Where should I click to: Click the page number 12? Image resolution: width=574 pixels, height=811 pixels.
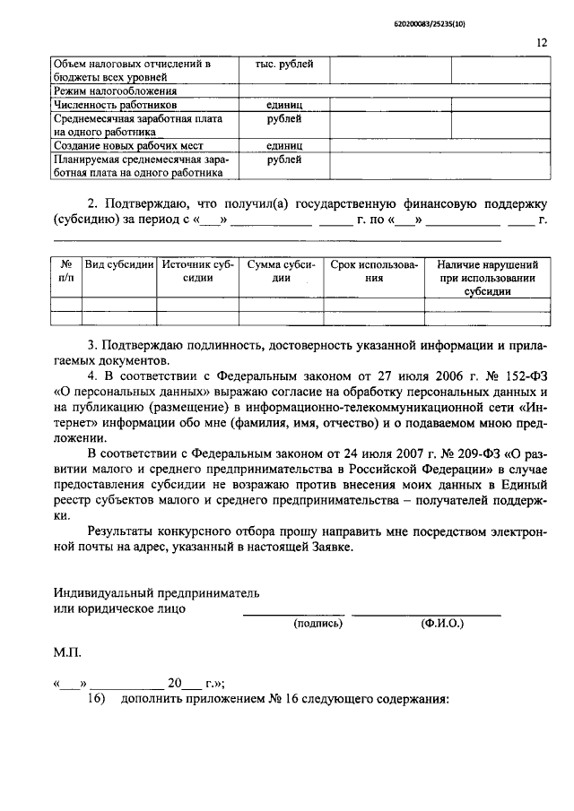point(542,42)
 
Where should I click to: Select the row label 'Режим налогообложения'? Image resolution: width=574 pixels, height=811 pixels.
point(114,91)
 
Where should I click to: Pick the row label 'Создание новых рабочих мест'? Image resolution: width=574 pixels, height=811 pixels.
point(128,145)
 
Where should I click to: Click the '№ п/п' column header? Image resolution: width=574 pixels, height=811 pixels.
point(66,272)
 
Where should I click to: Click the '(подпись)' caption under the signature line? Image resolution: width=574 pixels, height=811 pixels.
point(318,623)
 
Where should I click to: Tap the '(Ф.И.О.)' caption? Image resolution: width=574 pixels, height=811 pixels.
point(439,623)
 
